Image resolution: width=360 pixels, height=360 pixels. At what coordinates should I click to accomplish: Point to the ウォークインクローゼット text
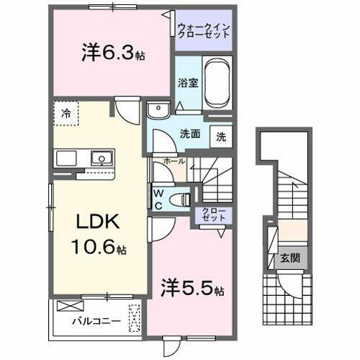point(204,32)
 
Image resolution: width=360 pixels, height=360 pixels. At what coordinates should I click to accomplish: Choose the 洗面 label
point(190,133)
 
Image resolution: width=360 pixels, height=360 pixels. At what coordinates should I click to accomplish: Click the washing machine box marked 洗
point(222,135)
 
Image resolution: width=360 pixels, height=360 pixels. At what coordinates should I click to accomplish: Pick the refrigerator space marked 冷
point(66,113)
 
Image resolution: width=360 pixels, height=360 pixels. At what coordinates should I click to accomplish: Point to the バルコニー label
point(91,321)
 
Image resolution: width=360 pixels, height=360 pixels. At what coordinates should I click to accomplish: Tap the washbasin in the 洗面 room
point(156,110)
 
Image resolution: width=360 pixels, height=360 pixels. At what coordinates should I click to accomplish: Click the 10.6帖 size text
point(99,249)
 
